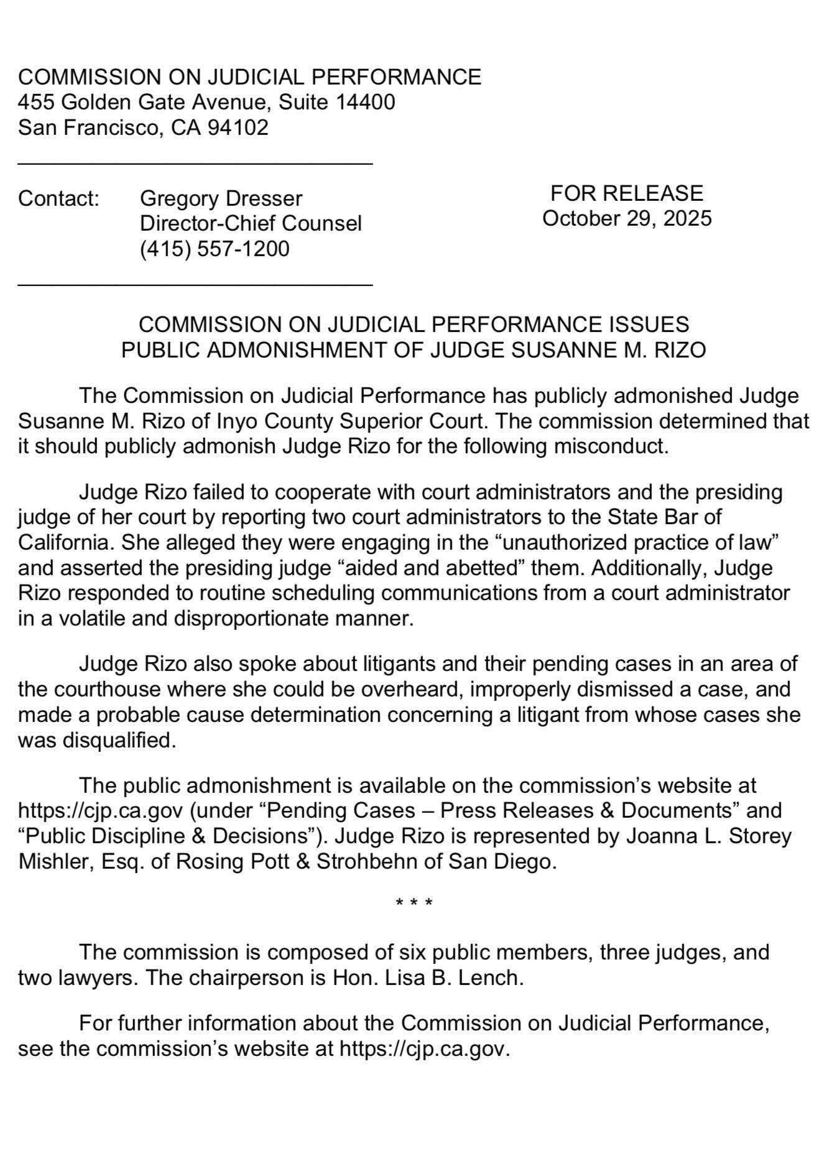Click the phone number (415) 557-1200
point(215,249)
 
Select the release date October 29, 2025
point(626,218)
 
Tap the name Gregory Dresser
point(221,198)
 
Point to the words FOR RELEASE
point(626,193)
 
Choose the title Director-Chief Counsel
point(251,223)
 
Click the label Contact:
point(58,198)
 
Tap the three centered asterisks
point(414,902)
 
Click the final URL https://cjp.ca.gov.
point(424,1049)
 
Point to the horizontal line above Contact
point(195,164)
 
